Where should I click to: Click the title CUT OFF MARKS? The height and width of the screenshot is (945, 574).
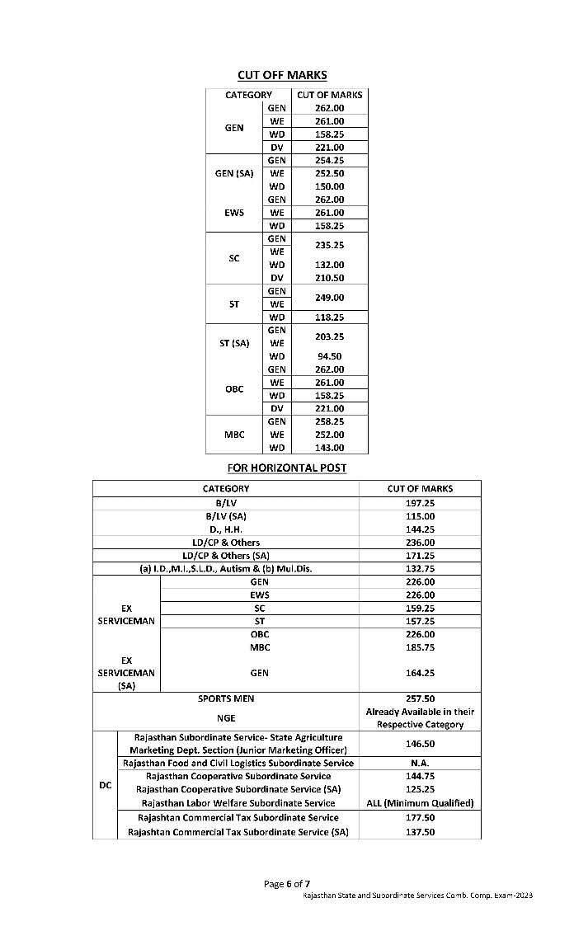[282, 75]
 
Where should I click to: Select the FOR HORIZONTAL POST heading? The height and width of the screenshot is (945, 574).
[287, 468]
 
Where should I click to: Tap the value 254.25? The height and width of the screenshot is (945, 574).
[329, 160]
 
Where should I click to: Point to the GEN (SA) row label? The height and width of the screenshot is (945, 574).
[234, 173]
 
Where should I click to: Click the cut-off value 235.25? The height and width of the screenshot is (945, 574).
[329, 245]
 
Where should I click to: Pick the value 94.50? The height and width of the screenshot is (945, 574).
[329, 356]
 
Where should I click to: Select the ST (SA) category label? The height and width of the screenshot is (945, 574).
[234, 343]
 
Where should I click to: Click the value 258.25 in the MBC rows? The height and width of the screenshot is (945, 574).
[329, 421]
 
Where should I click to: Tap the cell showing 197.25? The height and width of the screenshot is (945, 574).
[420, 502]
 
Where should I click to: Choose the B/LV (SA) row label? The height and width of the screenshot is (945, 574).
[226, 515]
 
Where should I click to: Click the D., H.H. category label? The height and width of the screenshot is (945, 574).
[226, 529]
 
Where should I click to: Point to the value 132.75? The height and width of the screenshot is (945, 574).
[420, 568]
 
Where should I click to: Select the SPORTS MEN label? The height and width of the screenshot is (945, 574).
[226, 698]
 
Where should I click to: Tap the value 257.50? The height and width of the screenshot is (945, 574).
[420, 698]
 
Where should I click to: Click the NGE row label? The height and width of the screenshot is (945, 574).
[226, 718]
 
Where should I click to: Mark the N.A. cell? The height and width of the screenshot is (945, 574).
[420, 763]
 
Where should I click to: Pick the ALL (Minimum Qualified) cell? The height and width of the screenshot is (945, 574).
[420, 802]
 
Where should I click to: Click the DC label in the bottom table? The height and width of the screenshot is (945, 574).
[106, 785]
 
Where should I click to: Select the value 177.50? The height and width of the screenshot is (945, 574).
[420, 817]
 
